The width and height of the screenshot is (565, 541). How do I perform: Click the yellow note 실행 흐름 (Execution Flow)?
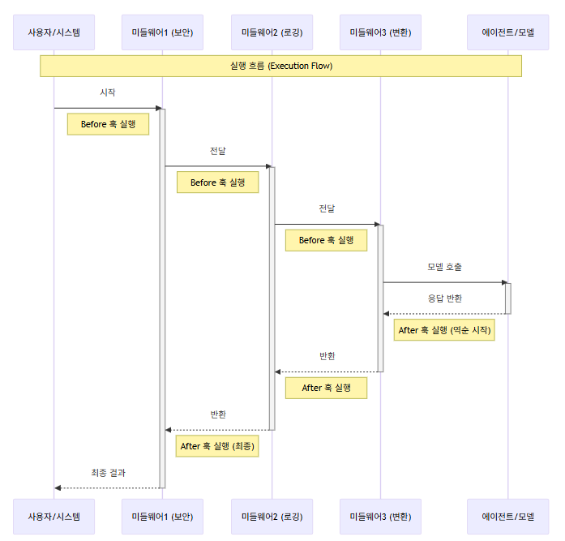click(x=280, y=66)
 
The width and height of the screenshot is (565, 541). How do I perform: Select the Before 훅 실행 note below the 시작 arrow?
click(x=108, y=124)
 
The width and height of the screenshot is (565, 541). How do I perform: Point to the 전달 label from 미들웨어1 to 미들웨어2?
click(x=217, y=151)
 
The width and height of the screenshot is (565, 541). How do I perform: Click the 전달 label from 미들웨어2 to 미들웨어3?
click(x=326, y=208)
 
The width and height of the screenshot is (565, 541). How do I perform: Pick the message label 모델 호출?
click(x=444, y=267)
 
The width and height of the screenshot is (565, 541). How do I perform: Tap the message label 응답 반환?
click(x=445, y=298)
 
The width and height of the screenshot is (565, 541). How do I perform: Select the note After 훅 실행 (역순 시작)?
click(x=444, y=330)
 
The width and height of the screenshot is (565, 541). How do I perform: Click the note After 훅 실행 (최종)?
click(x=217, y=446)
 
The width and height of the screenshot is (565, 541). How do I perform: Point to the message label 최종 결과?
click(x=108, y=473)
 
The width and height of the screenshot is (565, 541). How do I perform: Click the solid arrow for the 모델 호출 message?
click(x=444, y=282)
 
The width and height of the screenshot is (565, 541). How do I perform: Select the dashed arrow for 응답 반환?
click(x=445, y=314)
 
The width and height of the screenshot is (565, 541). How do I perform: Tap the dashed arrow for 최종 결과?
click(x=108, y=488)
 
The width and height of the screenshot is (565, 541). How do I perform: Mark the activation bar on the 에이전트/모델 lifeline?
click(x=508, y=298)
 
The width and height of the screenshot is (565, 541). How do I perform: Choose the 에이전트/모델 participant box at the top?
click(x=508, y=33)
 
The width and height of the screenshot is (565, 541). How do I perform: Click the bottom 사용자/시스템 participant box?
click(x=54, y=517)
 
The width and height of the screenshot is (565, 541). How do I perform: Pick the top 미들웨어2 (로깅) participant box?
click(x=272, y=33)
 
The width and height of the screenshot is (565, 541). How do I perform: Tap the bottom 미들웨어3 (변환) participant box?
click(x=380, y=517)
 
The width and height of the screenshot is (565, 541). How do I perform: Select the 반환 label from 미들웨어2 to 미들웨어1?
click(x=218, y=414)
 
